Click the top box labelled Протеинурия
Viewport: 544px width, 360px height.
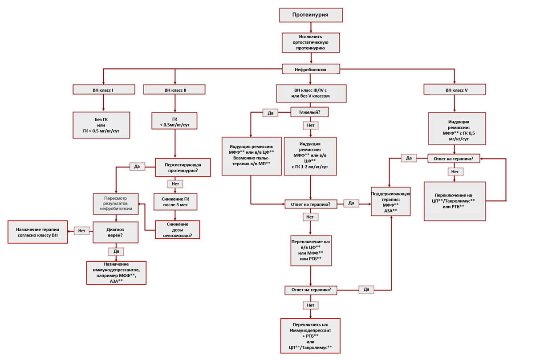[x=311, y=15]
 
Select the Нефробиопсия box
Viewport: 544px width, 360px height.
[x=311, y=69]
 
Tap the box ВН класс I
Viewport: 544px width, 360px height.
[x=104, y=90]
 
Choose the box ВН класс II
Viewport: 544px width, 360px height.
[x=174, y=90]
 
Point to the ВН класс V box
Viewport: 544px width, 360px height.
[x=455, y=90]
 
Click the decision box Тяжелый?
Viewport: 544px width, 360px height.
[x=309, y=112]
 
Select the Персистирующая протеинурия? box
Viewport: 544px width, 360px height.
[x=183, y=168]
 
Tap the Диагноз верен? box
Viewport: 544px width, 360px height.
[x=116, y=233]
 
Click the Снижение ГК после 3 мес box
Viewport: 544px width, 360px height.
[x=175, y=202]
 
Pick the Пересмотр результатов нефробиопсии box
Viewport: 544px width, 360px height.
[x=116, y=204]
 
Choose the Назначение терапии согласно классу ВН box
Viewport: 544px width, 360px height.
[x=38, y=232]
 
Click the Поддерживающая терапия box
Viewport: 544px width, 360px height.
[x=391, y=201]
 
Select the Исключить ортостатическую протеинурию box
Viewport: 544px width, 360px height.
[x=311, y=43]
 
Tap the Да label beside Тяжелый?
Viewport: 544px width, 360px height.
[x=270, y=113]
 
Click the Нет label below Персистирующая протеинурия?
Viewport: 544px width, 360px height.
[x=175, y=184]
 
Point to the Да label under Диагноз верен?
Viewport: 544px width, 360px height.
[x=116, y=251]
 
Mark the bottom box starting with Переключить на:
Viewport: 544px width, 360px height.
[x=310, y=335]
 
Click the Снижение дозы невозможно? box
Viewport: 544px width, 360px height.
[x=178, y=230]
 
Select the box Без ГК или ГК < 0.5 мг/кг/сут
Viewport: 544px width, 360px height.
[x=101, y=125]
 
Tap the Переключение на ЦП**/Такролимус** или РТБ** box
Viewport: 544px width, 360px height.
[x=455, y=201]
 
